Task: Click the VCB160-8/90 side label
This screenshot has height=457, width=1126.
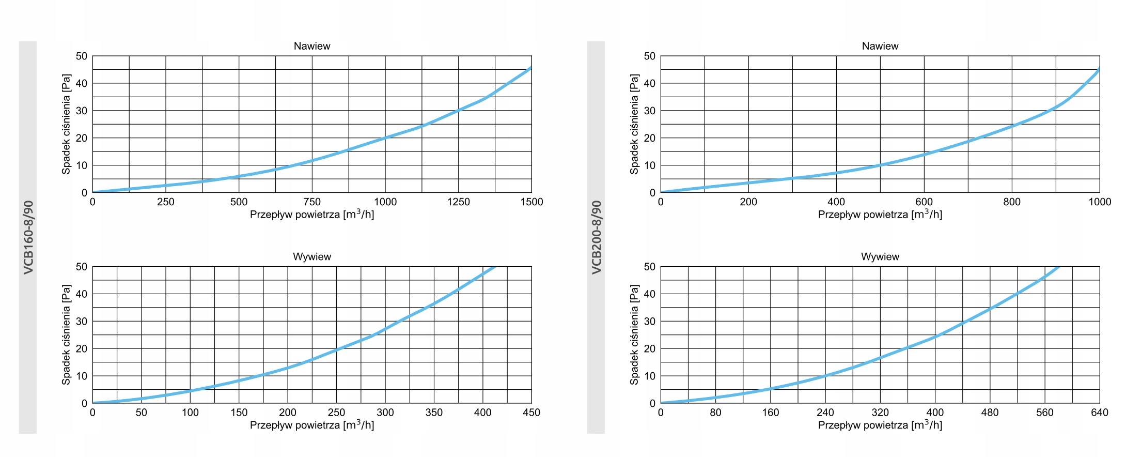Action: point(28,237)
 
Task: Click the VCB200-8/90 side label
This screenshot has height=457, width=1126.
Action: point(597,237)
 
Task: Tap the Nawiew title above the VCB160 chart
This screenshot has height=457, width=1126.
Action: point(312,46)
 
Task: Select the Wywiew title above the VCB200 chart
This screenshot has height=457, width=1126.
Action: point(880,257)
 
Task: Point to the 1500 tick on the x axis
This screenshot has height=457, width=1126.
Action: point(531,202)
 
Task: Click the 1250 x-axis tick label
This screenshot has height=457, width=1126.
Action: point(458,202)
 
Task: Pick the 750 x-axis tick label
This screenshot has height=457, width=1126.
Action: point(312,202)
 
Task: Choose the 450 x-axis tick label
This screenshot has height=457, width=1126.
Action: point(531,413)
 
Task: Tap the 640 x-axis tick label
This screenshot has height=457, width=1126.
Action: point(1100,413)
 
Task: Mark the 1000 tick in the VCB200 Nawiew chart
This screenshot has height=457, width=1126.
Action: point(1100,202)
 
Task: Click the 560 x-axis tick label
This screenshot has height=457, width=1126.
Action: point(1044,413)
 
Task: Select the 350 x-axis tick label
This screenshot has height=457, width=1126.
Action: point(434,413)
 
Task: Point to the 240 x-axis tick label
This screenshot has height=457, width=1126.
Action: point(825,413)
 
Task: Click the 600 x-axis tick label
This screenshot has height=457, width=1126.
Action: point(924,202)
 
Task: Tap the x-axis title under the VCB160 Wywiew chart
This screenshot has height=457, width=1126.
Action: point(312,425)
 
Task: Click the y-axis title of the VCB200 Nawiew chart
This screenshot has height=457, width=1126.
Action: point(634,124)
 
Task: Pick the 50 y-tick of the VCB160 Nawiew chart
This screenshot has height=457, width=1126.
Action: point(82,56)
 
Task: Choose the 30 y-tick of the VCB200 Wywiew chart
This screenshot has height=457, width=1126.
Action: point(650,322)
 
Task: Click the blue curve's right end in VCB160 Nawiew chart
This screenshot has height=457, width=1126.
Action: point(530,68)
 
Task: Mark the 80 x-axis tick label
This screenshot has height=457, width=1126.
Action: point(715,413)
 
